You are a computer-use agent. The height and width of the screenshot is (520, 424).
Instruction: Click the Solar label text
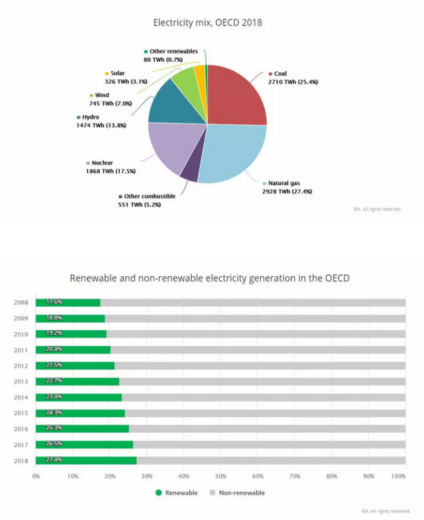pos(118,73)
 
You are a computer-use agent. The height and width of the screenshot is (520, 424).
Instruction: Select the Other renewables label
pos(173,51)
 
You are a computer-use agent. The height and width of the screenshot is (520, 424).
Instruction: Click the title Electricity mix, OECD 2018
pos(207,23)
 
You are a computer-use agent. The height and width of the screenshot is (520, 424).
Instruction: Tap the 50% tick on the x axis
pos(220,476)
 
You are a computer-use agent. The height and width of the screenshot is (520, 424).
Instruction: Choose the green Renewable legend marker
pos(159,493)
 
